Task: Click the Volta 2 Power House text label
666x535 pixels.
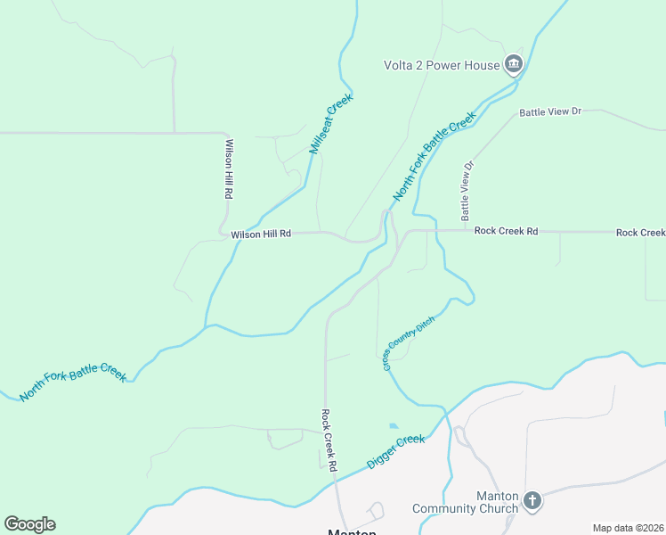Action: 441,65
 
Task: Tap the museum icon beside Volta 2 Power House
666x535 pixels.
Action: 513,64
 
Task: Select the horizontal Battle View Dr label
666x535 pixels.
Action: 549,112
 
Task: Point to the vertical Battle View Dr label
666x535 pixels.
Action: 467,191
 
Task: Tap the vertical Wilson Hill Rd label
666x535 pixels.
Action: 229,169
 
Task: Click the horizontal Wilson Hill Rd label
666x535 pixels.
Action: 261,235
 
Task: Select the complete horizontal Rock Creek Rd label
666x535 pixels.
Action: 506,231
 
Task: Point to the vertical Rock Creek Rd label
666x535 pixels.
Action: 329,440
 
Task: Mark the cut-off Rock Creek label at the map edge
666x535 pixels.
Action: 640,233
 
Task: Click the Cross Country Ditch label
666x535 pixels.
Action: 409,343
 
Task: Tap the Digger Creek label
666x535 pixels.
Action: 397,452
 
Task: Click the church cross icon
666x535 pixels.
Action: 532,500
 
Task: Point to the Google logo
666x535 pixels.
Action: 29,524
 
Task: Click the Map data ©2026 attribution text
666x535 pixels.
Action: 628,528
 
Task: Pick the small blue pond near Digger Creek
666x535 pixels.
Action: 394,426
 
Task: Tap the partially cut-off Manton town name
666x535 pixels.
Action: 353,531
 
